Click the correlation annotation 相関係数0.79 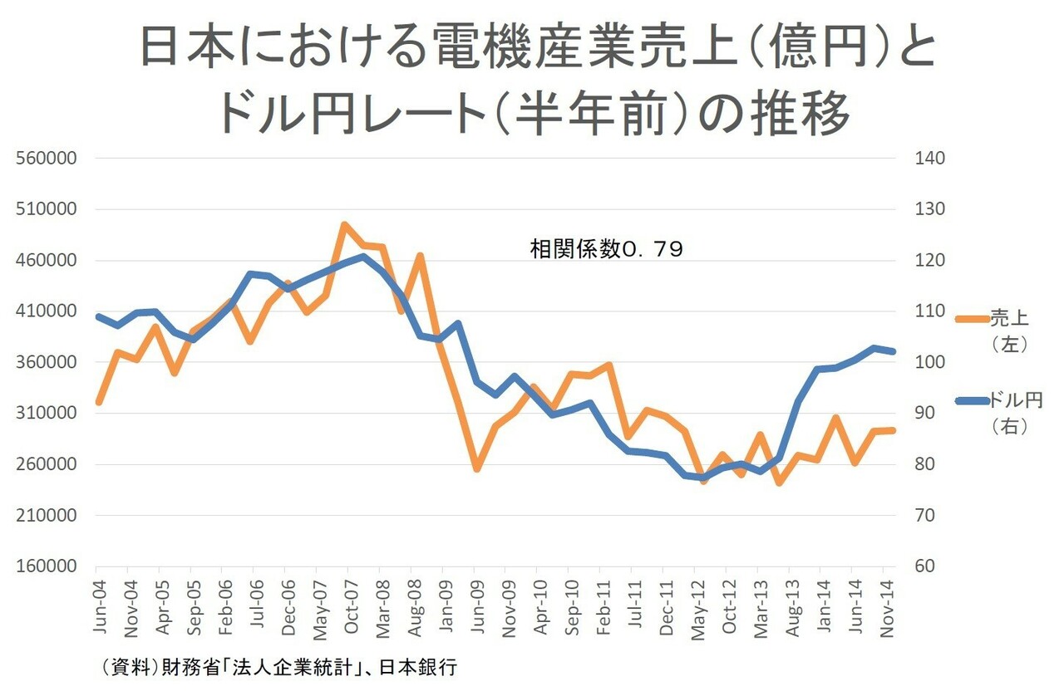[x=606, y=249]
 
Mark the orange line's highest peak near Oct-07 [x=345, y=224]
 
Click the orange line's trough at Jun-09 [x=476, y=468]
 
